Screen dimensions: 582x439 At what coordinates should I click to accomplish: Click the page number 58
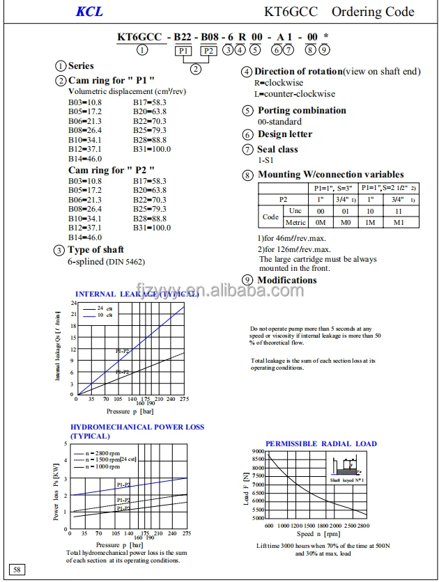point(17,569)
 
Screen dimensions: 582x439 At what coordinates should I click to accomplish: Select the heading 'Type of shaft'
point(95,250)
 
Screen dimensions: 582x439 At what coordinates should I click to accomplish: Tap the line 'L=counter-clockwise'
point(295,93)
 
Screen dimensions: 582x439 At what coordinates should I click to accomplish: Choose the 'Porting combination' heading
point(302,110)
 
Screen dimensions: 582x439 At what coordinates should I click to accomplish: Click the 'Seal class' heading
point(277,149)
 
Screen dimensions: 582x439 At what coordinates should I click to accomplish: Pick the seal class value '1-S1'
point(265,160)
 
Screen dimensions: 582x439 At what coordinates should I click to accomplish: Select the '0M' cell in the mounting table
point(321,222)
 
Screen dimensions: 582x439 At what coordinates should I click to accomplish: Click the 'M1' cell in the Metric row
point(399,222)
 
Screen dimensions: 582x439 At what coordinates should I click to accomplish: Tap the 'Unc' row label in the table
point(295,210)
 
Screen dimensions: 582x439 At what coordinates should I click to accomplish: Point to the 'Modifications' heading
point(287,280)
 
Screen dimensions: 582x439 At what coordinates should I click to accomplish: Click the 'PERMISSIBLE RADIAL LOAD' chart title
point(321,443)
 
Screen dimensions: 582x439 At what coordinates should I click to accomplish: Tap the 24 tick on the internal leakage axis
point(74,304)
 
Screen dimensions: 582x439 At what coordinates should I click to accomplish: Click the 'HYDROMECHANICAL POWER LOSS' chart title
point(137,427)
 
